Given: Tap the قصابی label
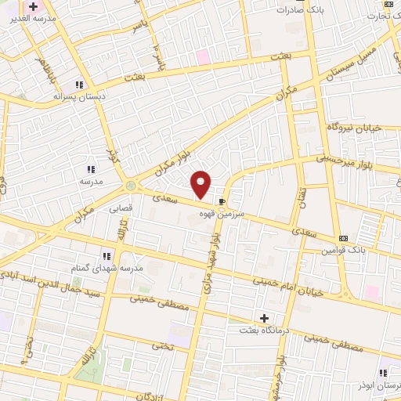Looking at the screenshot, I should [120, 209].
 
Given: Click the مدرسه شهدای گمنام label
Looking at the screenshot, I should [110, 268].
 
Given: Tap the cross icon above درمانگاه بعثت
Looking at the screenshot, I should [265, 318].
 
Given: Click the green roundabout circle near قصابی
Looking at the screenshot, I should [130, 186].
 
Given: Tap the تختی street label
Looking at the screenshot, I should [161, 344].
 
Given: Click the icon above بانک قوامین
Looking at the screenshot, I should [344, 238].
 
